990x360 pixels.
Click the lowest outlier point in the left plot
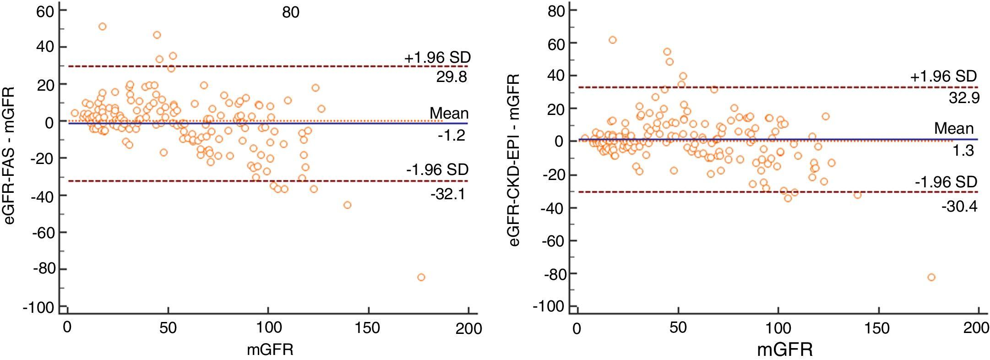[421, 277]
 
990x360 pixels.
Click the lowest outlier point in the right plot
[931, 277]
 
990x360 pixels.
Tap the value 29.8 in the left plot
[451, 77]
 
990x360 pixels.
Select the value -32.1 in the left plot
[448, 194]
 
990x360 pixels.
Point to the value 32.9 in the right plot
[964, 98]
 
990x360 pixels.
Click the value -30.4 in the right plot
[959, 207]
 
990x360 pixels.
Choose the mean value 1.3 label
[963, 151]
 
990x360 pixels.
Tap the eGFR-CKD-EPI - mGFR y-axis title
[514, 160]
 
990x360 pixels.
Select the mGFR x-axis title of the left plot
[270, 349]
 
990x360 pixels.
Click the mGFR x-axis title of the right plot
[785, 350]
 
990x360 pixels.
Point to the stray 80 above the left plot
[291, 12]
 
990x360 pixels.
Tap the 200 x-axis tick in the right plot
[977, 328]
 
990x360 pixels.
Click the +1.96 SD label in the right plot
[943, 76]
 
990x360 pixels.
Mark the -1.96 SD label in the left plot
[437, 170]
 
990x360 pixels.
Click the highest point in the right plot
[612, 40]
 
